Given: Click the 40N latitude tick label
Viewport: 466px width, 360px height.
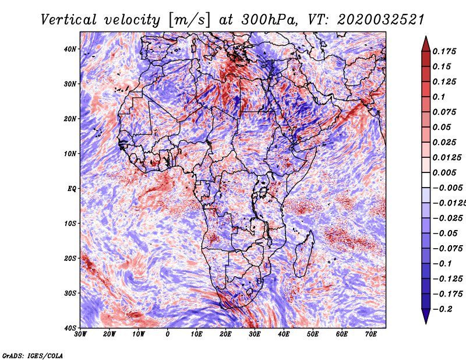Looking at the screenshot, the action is pyautogui.click(x=70, y=49).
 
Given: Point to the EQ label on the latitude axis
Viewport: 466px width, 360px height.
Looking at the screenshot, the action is pyautogui.click(x=72, y=189).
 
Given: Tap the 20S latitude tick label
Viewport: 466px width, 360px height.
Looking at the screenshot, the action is pyautogui.click(x=70, y=258).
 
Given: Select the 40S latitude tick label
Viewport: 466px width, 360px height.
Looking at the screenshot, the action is pyautogui.click(x=70, y=328).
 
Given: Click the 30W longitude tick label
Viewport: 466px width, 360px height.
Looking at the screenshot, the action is pyautogui.click(x=80, y=334).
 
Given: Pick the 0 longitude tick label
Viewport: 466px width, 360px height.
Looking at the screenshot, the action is pyautogui.click(x=168, y=334).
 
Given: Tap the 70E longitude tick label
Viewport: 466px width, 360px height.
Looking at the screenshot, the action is pyautogui.click(x=371, y=334).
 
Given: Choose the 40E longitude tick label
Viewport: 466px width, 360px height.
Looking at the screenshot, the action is pyautogui.click(x=284, y=334).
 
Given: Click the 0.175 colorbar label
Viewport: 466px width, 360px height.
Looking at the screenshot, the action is pyautogui.click(x=444, y=51).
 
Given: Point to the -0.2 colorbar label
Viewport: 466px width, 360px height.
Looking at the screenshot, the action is pyautogui.click(x=443, y=309).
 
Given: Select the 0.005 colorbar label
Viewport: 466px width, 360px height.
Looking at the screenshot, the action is pyautogui.click(x=444, y=172).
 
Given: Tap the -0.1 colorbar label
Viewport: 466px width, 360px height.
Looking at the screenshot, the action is pyautogui.click(x=443, y=264).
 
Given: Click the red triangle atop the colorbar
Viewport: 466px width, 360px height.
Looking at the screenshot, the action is pyautogui.click(x=426, y=45).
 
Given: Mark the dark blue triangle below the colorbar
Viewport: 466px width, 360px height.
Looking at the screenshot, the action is pyautogui.click(x=426, y=315).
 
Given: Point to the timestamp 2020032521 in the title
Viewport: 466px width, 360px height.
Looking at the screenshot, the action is pyautogui.click(x=380, y=20).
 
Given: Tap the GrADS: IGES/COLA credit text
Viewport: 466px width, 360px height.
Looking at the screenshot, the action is pyautogui.click(x=33, y=356).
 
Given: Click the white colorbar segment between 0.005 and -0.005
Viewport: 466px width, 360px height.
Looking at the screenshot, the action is pyautogui.click(x=426, y=180).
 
